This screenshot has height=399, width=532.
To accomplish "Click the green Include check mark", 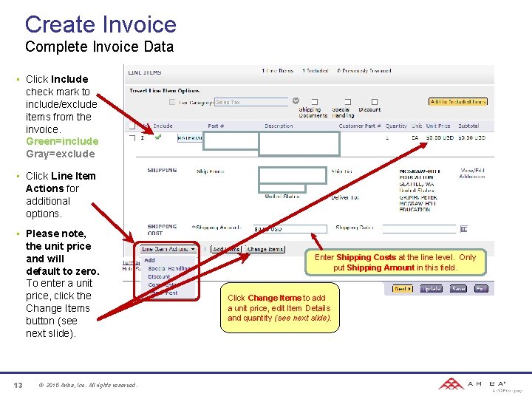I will click(157, 136).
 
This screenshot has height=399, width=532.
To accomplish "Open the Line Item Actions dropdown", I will click(168, 250).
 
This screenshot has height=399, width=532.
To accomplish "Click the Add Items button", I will click(227, 250).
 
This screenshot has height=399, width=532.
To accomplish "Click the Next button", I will click(403, 289).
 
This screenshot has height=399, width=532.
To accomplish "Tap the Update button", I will click(431, 289).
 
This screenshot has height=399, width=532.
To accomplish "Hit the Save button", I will click(458, 289).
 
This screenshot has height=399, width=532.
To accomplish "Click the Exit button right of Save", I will click(480, 289).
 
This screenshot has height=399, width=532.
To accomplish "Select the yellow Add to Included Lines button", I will click(458, 101).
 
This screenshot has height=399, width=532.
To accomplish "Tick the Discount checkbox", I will click(375, 101).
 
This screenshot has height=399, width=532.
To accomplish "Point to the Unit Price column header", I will click(438, 126).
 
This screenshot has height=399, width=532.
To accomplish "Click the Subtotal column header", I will click(468, 126).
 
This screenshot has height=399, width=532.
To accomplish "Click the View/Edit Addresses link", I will click(472, 174).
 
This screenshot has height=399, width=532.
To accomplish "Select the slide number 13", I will click(18, 384).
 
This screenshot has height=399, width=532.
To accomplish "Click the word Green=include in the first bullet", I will click(62, 141).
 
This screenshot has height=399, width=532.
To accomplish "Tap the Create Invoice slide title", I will click(100, 24).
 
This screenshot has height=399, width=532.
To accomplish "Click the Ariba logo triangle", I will click(450, 383).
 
